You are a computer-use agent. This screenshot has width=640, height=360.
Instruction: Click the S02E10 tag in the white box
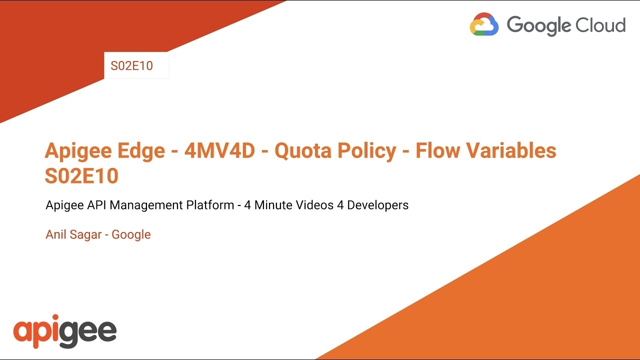coord(131,65)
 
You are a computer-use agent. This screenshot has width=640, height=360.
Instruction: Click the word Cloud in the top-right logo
coord(600,25)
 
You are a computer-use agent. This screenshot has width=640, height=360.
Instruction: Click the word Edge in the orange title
coord(141,151)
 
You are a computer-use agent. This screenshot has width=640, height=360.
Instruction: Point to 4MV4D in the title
coord(219,150)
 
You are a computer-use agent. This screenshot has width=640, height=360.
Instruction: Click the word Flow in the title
coord(437,150)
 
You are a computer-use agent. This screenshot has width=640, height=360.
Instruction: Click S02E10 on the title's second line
coord(81,175)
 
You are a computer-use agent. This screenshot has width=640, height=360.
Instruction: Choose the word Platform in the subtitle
coord(210,205)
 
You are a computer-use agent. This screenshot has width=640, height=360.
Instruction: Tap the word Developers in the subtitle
coord(377,205)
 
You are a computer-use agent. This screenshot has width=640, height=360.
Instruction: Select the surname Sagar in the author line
coord(85,235)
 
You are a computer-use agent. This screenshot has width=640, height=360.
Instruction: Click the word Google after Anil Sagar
coord(131,235)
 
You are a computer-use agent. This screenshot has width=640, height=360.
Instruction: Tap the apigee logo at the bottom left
coord(65,331)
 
